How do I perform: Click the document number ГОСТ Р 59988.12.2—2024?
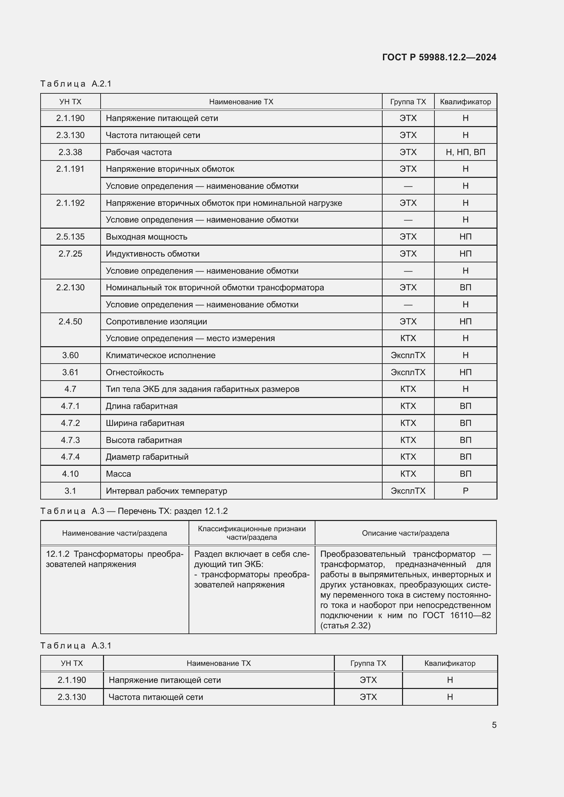tap(439, 57)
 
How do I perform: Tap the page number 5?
tap(494, 725)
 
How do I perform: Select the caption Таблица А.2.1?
tap(76, 84)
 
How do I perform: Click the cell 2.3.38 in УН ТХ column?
tap(70, 152)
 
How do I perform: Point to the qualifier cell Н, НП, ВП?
tap(465, 152)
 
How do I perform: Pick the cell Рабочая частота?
tap(138, 152)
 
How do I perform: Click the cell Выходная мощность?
tap(146, 237)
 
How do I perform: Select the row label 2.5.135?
tap(70, 237)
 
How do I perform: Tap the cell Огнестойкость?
tap(134, 372)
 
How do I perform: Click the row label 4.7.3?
tap(70, 440)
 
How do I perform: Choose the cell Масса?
tap(118, 474)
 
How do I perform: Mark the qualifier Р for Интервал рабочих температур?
tap(465, 491)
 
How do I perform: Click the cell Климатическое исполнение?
tap(161, 355)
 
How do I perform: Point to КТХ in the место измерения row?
tap(408, 338)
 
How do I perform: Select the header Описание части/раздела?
tap(405, 533)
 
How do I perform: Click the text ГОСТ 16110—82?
tap(456, 615)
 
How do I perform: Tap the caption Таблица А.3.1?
tap(76, 645)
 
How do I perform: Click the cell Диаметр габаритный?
tap(147, 457)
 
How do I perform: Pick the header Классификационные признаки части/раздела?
tap(251, 533)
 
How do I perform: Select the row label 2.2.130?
tap(70, 288)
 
